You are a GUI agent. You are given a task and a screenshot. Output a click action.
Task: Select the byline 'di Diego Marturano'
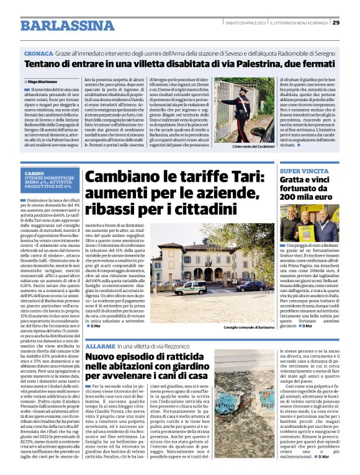pyautogui.click(x=43, y=81)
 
